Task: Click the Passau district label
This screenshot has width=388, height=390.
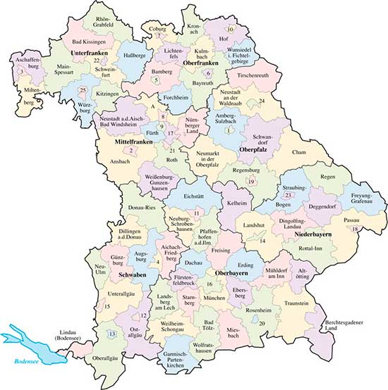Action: [351, 220]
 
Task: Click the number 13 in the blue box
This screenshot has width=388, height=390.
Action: [112, 333]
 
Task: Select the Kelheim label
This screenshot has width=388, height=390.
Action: [237, 203]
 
